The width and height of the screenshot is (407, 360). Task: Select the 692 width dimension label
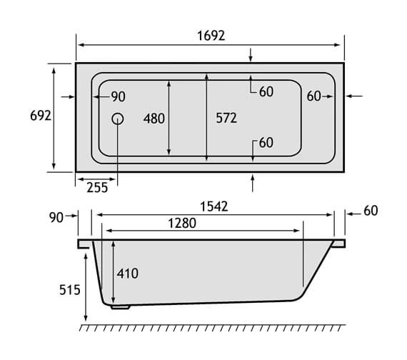39,116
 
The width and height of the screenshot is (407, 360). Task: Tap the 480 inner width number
154,119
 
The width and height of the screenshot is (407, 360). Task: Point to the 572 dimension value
226,119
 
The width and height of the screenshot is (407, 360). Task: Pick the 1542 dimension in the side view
213,207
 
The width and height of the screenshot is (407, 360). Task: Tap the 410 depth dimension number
126,274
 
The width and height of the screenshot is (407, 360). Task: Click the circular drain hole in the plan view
118,119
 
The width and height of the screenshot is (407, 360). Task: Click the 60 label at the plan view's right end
314,96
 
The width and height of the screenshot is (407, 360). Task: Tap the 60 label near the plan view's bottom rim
266,143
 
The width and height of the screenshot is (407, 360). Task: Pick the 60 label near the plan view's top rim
266,91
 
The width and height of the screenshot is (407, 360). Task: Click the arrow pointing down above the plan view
251,55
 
